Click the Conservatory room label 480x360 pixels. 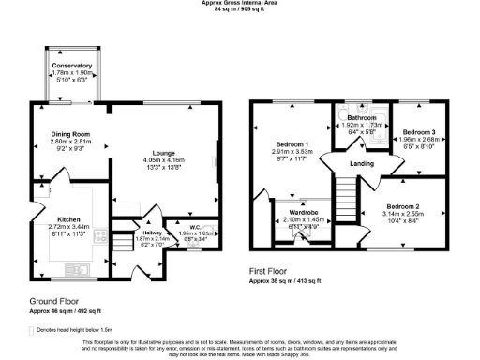[x=72, y=66]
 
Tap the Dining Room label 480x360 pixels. [x=67, y=134]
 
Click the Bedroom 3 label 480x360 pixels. [x=413, y=131]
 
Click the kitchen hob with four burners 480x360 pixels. [x=99, y=238]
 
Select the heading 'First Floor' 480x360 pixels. [x=270, y=270]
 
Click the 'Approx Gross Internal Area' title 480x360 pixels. [x=239, y=3]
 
